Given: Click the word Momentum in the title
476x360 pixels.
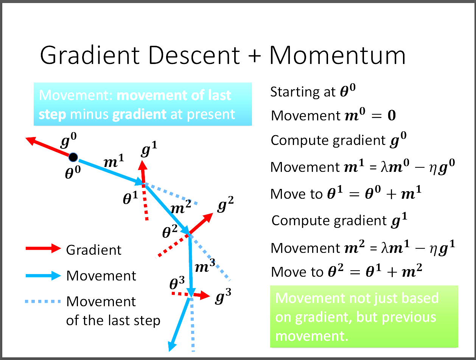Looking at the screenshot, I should [x=338, y=56].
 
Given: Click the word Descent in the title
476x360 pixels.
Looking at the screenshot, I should [x=190, y=56].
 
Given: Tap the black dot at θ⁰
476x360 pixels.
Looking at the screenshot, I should [x=73, y=157].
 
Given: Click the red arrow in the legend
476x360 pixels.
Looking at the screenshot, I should [x=43, y=249].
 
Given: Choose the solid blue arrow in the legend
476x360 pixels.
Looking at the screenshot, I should [x=43, y=275].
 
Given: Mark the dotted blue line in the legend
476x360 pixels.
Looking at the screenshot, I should [x=43, y=302].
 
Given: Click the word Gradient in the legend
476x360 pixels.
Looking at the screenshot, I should [x=94, y=250].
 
